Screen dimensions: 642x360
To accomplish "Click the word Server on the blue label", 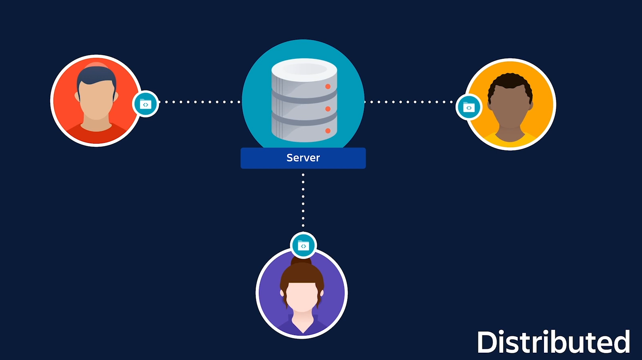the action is (x=303, y=158).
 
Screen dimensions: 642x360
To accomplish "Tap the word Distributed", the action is (x=553, y=342).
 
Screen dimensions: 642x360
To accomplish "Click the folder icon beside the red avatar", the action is (x=146, y=104).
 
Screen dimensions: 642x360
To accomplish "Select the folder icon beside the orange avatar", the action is (x=469, y=107).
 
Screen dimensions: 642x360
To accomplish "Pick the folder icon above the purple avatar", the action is (x=303, y=245).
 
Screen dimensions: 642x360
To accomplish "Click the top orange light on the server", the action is (x=328, y=86).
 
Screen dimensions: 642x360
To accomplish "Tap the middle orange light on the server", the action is (x=328, y=109).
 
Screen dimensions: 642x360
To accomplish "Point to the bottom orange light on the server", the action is (x=328, y=131).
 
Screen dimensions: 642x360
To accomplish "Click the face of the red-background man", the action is (x=96, y=101).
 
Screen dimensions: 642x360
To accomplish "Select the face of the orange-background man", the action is (x=510, y=109).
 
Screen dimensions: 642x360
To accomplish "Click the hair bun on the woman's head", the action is (x=302, y=261).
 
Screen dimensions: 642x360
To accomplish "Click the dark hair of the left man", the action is (x=96, y=74).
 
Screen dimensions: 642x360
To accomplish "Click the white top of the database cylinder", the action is (x=304, y=69).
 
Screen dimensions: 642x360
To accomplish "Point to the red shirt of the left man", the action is (x=96, y=135).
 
